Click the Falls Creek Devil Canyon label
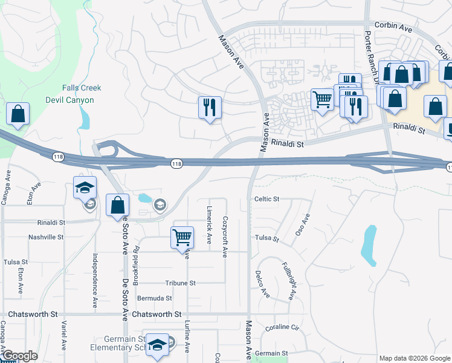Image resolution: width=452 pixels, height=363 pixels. point(82,94)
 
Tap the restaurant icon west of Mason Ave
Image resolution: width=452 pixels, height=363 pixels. point(210,108)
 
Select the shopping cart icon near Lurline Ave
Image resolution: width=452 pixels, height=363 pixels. point(182,237)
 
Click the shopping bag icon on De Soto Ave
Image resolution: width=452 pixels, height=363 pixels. point(117,205)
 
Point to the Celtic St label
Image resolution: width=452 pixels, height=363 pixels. point(266,198)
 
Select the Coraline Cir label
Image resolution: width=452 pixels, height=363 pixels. point(282,328)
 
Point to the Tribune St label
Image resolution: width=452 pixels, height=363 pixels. point(181,283)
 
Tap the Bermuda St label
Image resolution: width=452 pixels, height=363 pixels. point(155,298)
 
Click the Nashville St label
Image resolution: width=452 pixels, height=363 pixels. point(46,237)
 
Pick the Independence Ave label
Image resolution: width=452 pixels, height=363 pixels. point(95,281)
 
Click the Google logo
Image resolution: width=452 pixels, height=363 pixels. point(20,356)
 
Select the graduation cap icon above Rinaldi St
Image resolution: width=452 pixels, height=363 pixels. point(85,187)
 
